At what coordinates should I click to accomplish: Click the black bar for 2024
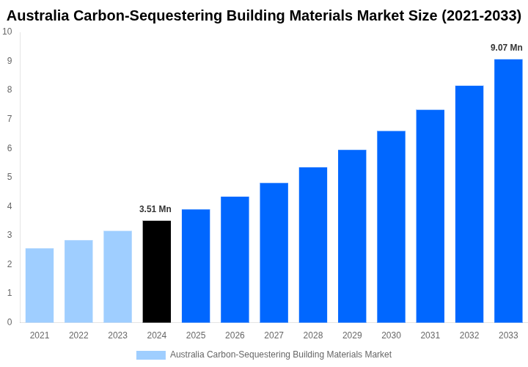coord(156,272)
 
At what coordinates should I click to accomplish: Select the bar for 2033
coord(508,191)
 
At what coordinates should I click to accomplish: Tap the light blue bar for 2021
coord(40,286)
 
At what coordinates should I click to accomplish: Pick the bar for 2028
coord(313,245)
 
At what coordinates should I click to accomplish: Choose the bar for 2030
coord(391,227)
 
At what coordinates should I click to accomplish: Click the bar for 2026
coord(235,260)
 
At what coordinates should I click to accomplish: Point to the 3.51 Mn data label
coord(155,209)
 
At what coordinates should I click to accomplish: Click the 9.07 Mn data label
coord(507,48)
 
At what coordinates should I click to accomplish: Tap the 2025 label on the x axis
coord(196,335)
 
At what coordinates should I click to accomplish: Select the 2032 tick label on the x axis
coord(469,335)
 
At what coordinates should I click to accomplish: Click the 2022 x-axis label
coord(78,335)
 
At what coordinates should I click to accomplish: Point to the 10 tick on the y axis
coord(7,32)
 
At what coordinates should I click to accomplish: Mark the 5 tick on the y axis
coord(10,177)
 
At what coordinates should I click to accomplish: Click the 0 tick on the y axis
coord(10,322)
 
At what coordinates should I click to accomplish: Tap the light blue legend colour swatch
coord(151,355)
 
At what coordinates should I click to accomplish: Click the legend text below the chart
coord(281,355)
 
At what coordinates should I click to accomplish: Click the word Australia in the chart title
coord(39,15)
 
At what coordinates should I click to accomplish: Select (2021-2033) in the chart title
coord(481,15)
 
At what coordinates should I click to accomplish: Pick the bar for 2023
coord(117,277)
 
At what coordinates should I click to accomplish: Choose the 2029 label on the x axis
coord(352,335)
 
